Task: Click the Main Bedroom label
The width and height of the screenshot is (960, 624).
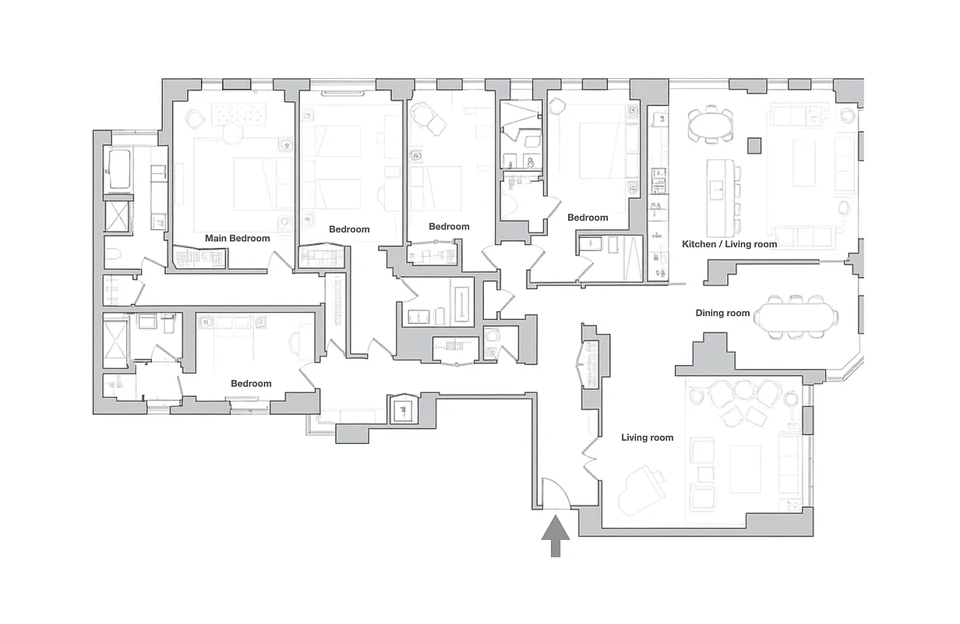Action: [237, 239]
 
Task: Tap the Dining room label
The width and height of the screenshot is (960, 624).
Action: [722, 314]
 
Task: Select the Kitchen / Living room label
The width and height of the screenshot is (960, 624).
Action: [729, 244]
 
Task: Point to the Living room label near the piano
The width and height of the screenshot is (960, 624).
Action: [647, 438]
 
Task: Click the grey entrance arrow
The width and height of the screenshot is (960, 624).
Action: [556, 537]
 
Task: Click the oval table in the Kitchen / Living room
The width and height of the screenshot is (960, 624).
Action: [710, 125]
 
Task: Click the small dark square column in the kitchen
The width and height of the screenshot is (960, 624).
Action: [754, 145]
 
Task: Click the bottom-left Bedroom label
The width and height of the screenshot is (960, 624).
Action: [251, 384]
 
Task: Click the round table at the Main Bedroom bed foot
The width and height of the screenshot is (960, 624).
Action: [232, 134]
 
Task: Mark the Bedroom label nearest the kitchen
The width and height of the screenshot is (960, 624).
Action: [587, 218]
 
